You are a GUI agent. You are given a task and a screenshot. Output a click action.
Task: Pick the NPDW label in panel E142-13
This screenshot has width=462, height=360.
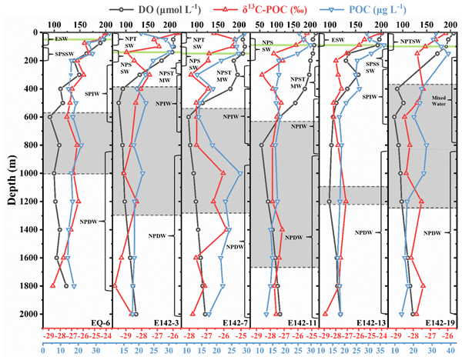click(363, 232)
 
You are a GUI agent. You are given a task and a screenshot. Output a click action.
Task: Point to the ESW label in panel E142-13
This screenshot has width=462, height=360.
click(339, 38)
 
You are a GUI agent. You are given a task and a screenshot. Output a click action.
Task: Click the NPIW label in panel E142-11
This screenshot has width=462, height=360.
click(296, 126)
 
